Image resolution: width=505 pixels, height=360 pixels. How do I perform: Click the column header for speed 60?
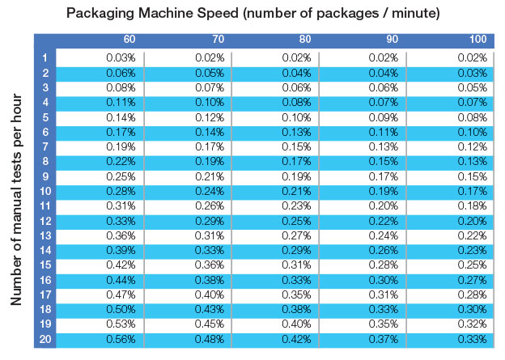pyautogui.click(x=129, y=39)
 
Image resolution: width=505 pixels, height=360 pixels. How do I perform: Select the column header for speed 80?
pyautogui.click(x=305, y=39)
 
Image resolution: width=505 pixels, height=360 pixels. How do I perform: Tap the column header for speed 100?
pyautogui.click(x=478, y=39)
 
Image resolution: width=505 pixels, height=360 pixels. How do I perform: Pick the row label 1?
pyautogui.click(x=45, y=57)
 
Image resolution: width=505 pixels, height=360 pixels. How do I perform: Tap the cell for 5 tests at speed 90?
pyautogui.click(x=385, y=117)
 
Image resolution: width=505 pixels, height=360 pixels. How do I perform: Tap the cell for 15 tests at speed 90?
pyautogui.click(x=385, y=265)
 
